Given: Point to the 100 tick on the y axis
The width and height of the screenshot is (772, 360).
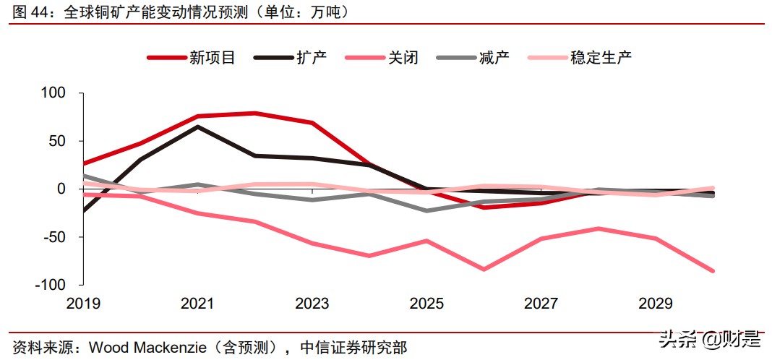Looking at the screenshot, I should point(53,93).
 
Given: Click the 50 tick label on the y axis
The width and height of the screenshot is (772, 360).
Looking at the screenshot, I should point(57,141).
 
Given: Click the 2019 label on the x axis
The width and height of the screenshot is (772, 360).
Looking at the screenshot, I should point(83,304).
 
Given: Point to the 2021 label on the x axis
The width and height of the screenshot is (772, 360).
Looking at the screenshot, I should point(197,304).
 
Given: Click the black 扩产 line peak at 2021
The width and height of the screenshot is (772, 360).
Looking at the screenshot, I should point(198,127).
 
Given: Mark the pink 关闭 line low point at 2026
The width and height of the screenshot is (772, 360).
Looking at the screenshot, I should point(484,269).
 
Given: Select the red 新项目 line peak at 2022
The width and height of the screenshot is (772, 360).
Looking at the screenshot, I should point(254,113).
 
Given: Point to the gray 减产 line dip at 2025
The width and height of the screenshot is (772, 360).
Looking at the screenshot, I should point(426,210).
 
